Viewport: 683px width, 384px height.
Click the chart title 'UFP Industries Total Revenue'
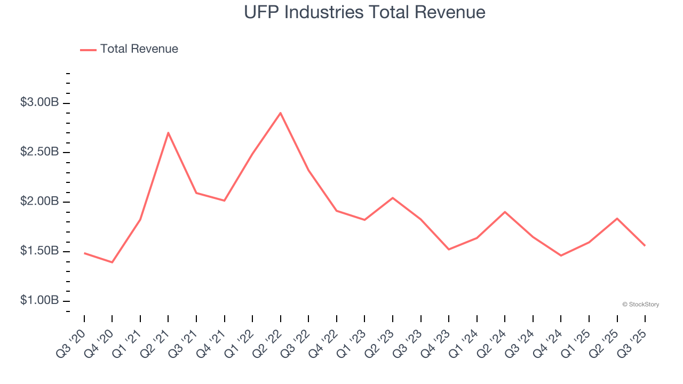click(x=365, y=12)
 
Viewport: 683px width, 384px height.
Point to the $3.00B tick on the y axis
click(x=39, y=102)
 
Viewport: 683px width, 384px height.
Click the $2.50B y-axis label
click(x=39, y=152)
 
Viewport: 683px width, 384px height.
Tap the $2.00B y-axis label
click(x=39, y=202)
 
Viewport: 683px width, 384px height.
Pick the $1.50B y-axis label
click(x=39, y=251)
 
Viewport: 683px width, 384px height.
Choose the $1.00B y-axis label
click(x=39, y=301)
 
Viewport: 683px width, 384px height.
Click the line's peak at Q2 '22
click(x=281, y=113)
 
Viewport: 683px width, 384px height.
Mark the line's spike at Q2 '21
click(x=168, y=133)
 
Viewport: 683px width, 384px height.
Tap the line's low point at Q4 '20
click(x=112, y=262)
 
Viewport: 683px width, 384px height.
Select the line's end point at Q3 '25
click(x=645, y=245)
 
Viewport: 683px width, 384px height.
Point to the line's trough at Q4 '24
click(x=561, y=255)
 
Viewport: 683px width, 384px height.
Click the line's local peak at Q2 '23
click(x=393, y=198)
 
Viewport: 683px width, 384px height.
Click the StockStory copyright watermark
click(x=640, y=305)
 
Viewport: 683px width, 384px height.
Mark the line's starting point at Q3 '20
click(x=84, y=253)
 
